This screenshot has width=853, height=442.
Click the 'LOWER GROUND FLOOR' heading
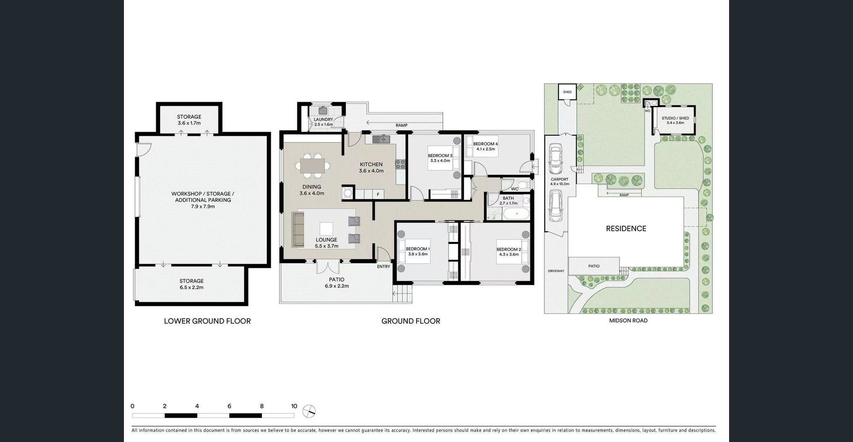(207, 321)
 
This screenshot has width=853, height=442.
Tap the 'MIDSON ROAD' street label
(628, 321)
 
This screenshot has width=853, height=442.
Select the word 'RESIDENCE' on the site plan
(626, 228)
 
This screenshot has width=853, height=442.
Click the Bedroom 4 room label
(485, 144)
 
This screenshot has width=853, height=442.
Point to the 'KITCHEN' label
(371, 164)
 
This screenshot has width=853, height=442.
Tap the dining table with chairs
(312, 166)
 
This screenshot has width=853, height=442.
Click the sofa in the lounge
(298, 229)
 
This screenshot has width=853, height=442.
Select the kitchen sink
(382, 139)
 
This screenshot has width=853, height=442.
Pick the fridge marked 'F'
(378, 194)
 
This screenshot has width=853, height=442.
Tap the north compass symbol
(309, 412)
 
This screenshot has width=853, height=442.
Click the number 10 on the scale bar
(294, 406)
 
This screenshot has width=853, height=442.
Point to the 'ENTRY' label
(383, 266)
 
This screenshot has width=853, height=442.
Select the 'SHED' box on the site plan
(567, 92)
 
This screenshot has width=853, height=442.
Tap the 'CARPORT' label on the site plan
(559, 179)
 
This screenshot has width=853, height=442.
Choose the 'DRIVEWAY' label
(556, 271)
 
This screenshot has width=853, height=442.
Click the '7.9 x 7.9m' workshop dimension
(203, 206)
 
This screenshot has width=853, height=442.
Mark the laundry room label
(324, 119)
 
